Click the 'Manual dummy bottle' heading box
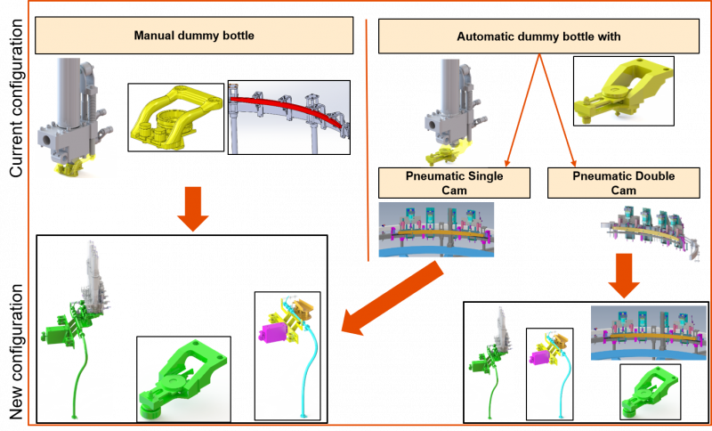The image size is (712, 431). pos(194,37)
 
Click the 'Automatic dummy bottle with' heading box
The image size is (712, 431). pos(538,37)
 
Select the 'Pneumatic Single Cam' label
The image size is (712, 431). pos(454,183)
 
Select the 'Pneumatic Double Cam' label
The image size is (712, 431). pos(623,183)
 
